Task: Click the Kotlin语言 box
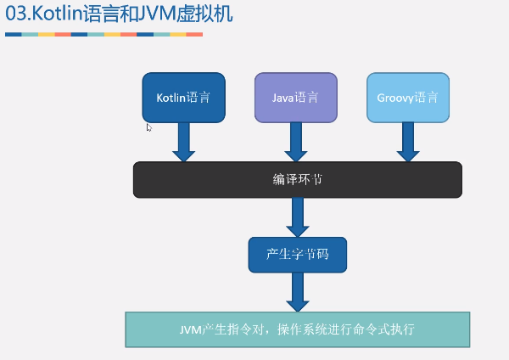[183, 97]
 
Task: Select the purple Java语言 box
[295, 97]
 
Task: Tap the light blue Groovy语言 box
[407, 97]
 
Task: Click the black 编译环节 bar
[297, 179]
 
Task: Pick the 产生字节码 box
[297, 255]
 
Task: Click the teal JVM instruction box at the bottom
[297, 329]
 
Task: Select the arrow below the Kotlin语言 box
[183, 141]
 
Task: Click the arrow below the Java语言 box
[295, 141]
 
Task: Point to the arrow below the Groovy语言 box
[407, 141]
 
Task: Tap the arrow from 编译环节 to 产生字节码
[297, 217]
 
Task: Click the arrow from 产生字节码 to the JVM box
[297, 292]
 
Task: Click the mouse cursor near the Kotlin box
[148, 127]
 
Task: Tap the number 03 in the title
[14, 14]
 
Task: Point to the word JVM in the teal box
[191, 329]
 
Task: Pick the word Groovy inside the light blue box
[395, 97]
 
